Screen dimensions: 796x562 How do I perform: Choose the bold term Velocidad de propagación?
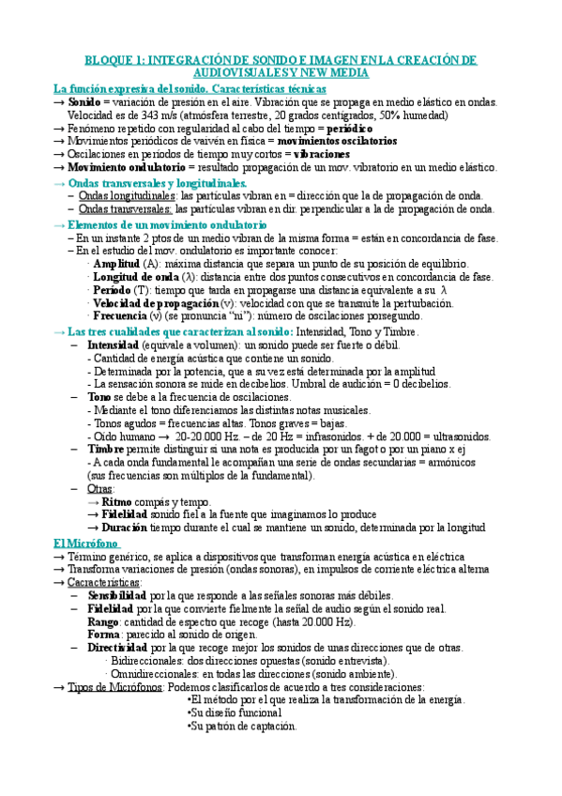pos(156,304)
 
